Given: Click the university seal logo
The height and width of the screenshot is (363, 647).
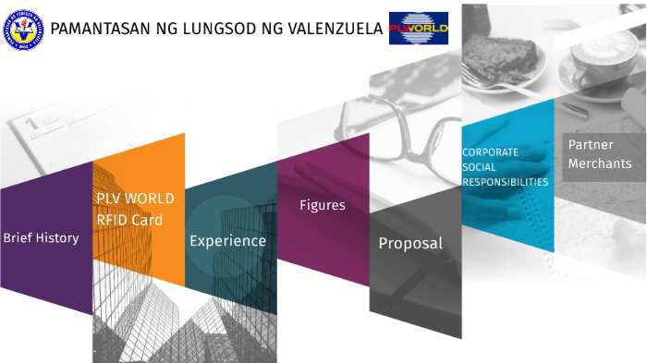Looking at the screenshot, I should (22, 29).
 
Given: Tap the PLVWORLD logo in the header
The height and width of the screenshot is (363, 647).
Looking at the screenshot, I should (418, 29).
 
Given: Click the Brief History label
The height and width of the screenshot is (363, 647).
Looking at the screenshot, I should (41, 237).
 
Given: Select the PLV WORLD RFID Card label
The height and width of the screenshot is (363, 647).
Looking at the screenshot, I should (135, 209).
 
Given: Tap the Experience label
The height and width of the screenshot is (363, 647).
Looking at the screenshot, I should (227, 241).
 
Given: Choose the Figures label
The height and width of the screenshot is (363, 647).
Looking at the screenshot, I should (323, 205).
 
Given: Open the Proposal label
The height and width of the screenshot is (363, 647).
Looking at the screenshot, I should (410, 244).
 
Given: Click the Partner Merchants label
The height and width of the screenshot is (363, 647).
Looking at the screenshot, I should (600, 154).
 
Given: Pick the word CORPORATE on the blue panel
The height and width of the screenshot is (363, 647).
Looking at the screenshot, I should (490, 151).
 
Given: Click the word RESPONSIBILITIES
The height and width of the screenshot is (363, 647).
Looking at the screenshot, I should (506, 182).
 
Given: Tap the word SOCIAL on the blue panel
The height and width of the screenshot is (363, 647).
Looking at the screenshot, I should (480, 167).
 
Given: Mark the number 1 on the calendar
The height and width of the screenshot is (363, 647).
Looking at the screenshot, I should (31, 121).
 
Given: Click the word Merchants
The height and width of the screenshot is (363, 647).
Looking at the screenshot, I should (600, 163).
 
